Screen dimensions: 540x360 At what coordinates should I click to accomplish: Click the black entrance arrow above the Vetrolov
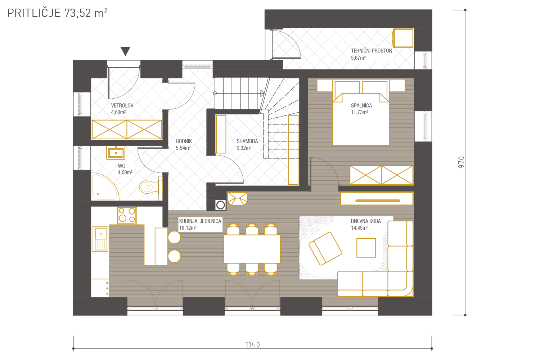click(x=125, y=51)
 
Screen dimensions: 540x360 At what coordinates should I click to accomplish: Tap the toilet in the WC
click(x=149, y=187)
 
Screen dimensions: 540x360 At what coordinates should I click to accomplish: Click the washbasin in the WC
click(x=116, y=153)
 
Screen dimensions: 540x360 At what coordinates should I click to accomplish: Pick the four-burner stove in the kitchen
click(x=127, y=215)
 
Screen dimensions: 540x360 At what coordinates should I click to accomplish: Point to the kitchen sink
click(x=100, y=239)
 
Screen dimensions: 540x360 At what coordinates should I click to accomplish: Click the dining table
click(x=252, y=249)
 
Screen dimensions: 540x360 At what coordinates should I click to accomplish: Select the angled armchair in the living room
click(x=325, y=249)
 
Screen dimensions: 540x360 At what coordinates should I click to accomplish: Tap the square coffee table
click(x=366, y=248)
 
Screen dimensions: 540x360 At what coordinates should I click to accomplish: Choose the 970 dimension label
click(x=461, y=162)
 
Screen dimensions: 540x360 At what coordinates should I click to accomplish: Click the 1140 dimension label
click(x=252, y=345)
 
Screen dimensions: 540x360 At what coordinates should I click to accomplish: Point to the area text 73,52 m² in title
click(x=86, y=13)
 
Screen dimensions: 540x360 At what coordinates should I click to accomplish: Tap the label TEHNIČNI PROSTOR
click(x=371, y=51)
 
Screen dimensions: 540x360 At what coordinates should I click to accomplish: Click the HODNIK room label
click(x=184, y=141)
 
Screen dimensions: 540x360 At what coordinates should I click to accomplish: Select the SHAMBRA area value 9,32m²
click(x=244, y=148)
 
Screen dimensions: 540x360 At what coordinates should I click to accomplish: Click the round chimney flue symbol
click(x=221, y=205)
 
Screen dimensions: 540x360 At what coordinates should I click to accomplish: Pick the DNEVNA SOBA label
click(x=366, y=221)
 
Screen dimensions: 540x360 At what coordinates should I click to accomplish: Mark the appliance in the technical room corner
click(x=403, y=38)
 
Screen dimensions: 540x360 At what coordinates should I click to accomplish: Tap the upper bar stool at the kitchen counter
click(x=174, y=237)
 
